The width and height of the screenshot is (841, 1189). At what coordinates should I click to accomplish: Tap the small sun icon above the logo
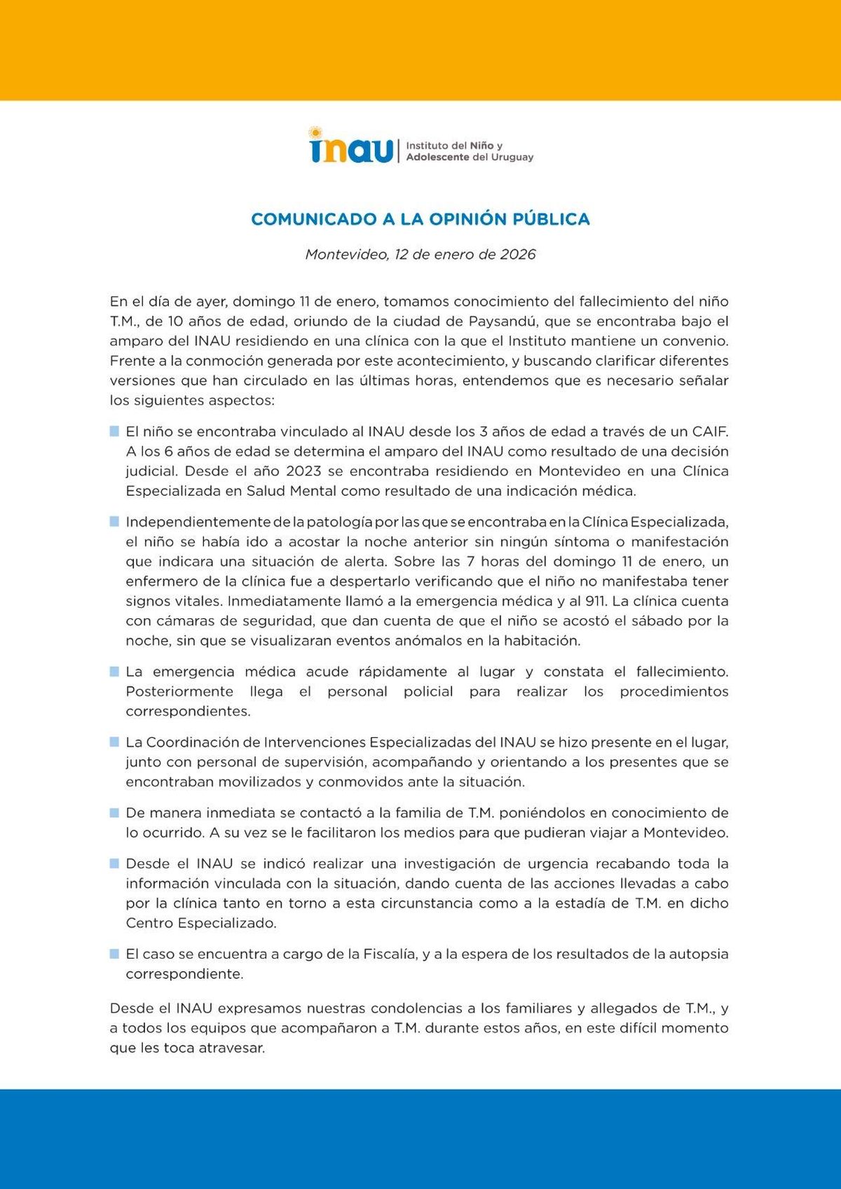pyautogui.click(x=315, y=132)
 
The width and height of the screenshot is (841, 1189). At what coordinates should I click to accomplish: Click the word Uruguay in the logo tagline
pyautogui.click(x=512, y=158)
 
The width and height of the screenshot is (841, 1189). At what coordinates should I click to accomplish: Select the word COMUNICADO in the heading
pyautogui.click(x=314, y=219)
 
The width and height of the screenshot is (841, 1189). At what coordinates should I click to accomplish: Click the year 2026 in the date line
pyautogui.click(x=517, y=254)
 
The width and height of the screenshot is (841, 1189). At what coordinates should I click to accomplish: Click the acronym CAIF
pyautogui.click(x=710, y=431)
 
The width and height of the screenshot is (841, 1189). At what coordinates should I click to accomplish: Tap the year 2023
pyautogui.click(x=303, y=471)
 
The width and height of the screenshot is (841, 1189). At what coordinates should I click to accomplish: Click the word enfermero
pyautogui.click(x=159, y=581)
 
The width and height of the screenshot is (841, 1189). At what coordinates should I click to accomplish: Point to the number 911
pyautogui.click(x=596, y=601)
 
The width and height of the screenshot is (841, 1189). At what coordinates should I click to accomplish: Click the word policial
pyautogui.click(x=428, y=692)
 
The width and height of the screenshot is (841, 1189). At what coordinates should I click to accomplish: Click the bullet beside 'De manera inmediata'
pyautogui.click(x=114, y=813)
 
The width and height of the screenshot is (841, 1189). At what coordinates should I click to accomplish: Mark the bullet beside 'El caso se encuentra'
pyautogui.click(x=114, y=954)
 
